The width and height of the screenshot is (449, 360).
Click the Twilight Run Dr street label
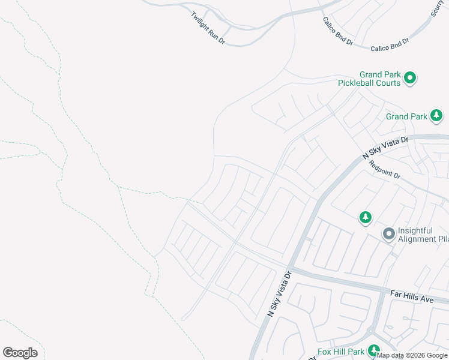pyautogui.click(x=208, y=28)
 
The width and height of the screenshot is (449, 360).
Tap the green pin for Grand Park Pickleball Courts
pyautogui.click(x=411, y=77)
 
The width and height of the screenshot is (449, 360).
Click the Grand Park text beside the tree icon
pyautogui.click(x=406, y=116)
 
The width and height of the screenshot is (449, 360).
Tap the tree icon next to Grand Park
pyautogui.click(x=437, y=115)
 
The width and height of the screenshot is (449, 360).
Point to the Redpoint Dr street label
pyautogui.click(x=384, y=169)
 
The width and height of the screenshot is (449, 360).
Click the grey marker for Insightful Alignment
pyautogui.click(x=388, y=233)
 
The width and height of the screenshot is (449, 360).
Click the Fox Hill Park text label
pyautogui.click(x=341, y=352)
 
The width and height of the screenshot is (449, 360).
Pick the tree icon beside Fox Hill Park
pyautogui.click(x=374, y=350)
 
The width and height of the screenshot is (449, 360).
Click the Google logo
pyautogui.click(x=20, y=353)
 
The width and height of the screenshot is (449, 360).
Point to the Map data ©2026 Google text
pyautogui.click(x=412, y=355)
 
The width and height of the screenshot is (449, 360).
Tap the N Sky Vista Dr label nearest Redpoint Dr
pyautogui.click(x=385, y=147)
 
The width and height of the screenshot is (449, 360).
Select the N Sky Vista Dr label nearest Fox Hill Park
pyautogui.click(x=279, y=293)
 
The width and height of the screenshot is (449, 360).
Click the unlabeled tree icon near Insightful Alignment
pyautogui.click(x=365, y=217)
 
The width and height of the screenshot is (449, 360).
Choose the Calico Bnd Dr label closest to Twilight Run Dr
pyautogui.click(x=338, y=32)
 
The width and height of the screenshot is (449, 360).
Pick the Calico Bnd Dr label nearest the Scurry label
pyautogui.click(x=389, y=43)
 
